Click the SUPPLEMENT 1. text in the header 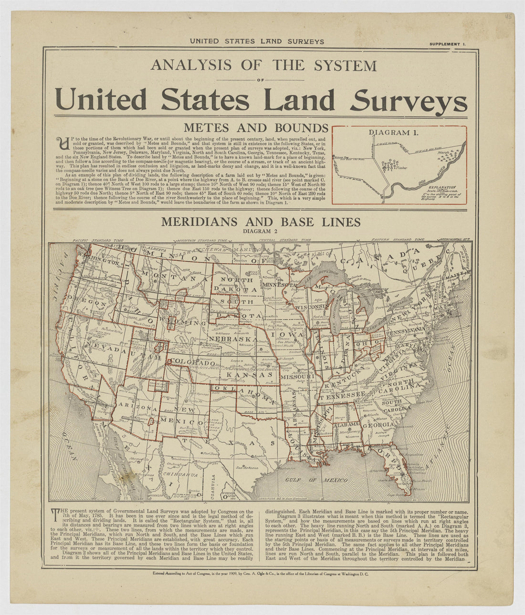tap(447, 44)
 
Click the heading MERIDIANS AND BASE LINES tap(261, 222)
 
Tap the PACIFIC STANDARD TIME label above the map tap(98, 241)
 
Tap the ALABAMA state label tap(346, 425)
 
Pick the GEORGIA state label tap(378, 424)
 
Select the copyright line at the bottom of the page tap(262, 575)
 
